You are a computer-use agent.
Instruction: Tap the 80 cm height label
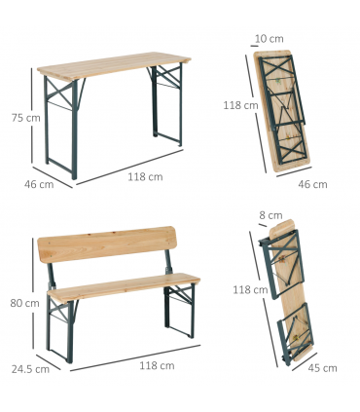pos(24,303)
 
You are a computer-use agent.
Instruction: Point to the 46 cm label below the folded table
pos(312,184)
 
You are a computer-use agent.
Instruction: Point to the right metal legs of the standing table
pos(166,105)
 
